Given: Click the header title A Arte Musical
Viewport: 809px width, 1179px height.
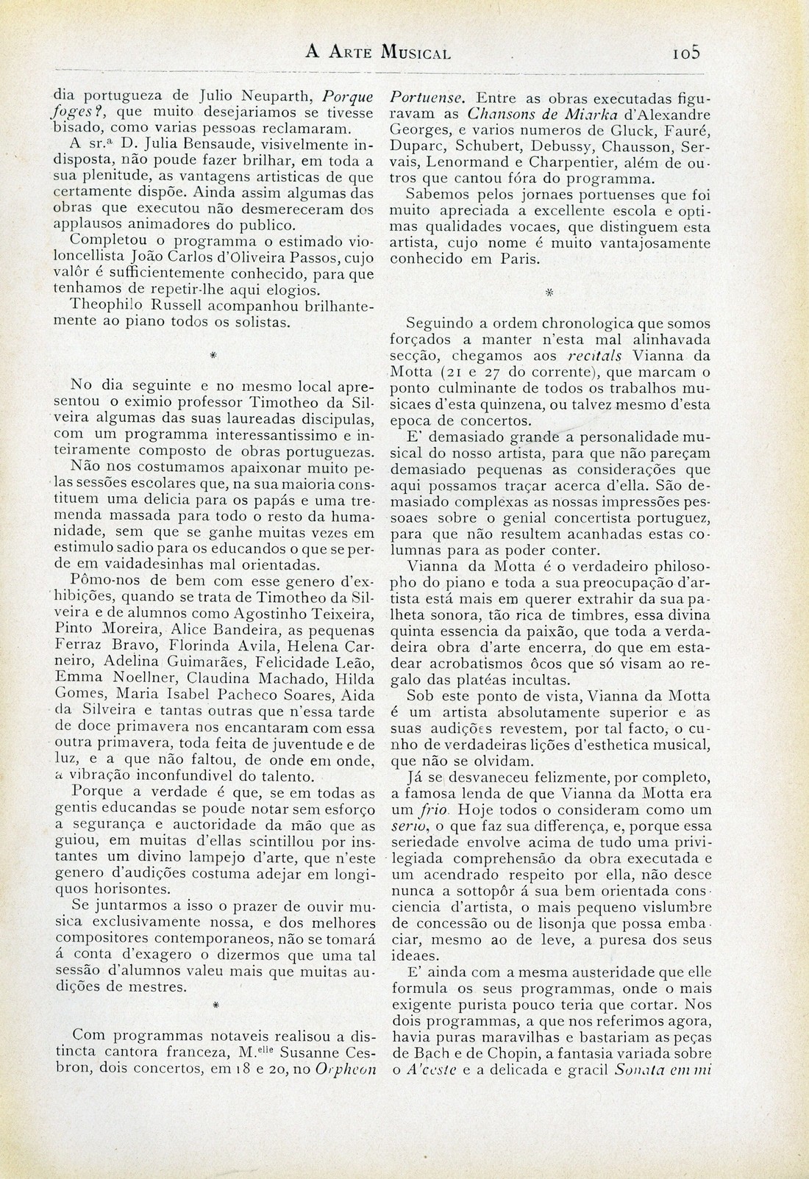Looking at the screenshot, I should pyautogui.click(x=378, y=53).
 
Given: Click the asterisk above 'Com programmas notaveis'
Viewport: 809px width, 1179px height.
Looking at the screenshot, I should pyautogui.click(x=213, y=1003).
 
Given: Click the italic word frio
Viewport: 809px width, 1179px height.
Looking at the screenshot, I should pyautogui.click(x=438, y=809).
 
